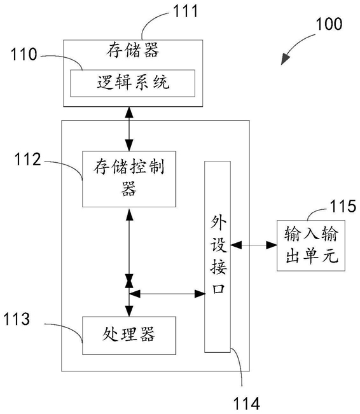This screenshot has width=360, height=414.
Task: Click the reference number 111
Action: point(186,11)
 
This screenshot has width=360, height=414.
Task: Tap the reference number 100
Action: point(329,24)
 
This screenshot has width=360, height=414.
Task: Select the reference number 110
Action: point(24,54)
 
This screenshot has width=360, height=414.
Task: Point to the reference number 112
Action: point(27,159)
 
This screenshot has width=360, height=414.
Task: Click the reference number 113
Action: point(17,319)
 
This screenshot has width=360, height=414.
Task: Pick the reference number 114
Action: point(246,404)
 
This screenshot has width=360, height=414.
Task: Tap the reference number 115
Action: point(343,206)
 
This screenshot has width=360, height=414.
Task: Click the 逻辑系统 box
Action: point(132,83)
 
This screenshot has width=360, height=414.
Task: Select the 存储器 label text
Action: point(133,50)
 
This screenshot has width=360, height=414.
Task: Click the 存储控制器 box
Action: point(129,179)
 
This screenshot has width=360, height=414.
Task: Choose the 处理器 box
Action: point(129,335)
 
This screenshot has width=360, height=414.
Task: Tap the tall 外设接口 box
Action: point(218,257)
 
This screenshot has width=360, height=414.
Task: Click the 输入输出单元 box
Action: point(311,245)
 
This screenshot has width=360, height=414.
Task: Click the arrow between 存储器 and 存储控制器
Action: point(129,129)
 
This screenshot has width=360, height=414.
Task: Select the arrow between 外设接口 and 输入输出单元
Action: point(254,245)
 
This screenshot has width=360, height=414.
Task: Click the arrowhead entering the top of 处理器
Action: point(129,311)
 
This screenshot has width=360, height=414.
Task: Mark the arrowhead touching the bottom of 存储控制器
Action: point(129,213)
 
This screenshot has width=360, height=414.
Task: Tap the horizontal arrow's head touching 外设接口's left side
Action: point(200,294)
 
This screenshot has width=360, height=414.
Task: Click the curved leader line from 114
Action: point(239,366)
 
